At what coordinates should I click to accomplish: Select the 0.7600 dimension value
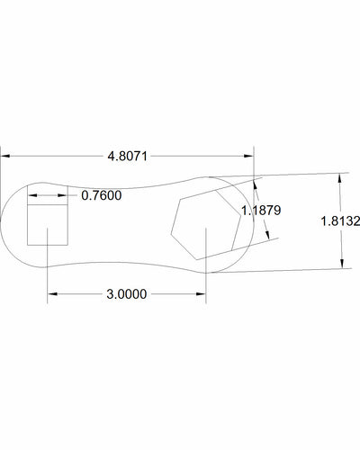click(x=101, y=194)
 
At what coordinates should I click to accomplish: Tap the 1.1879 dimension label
click(x=262, y=210)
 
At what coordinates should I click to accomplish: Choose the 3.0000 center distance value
click(x=126, y=293)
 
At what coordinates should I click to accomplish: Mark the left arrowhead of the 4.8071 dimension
click(x=4, y=156)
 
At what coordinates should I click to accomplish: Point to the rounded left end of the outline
click(x=3, y=225)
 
